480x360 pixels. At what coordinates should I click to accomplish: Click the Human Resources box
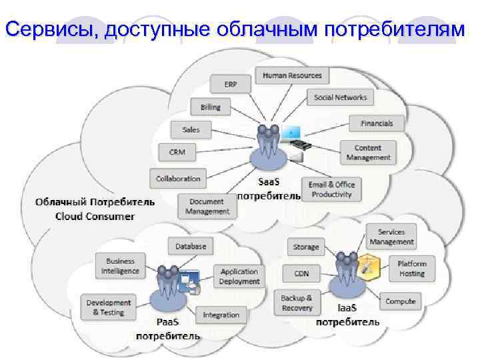pyautogui.click(x=292, y=75)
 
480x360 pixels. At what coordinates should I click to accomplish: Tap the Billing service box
pyautogui.click(x=210, y=107)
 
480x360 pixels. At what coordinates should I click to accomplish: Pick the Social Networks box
pyautogui.click(x=340, y=97)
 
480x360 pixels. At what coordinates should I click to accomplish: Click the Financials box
pyautogui.click(x=377, y=123)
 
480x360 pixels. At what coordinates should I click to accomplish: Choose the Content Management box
pyautogui.click(x=368, y=153)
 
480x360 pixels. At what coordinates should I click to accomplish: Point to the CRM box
pyautogui.click(x=177, y=152)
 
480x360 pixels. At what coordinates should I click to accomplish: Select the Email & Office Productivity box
pyautogui.click(x=331, y=189)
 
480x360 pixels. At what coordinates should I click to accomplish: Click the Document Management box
pyautogui.click(x=207, y=206)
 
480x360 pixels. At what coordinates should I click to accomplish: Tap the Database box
pyautogui.click(x=191, y=246)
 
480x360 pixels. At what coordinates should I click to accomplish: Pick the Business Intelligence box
pyautogui.click(x=120, y=266)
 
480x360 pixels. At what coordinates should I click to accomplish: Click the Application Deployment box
pyautogui.click(x=239, y=276)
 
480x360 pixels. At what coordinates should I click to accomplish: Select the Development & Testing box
pyautogui.click(x=108, y=307)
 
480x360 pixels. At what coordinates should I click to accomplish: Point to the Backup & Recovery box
pyautogui.click(x=297, y=303)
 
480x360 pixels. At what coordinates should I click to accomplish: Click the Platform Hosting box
pyautogui.click(x=411, y=269)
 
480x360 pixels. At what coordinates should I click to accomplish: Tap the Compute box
pyautogui.click(x=400, y=301)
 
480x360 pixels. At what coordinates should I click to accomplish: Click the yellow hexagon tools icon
pyautogui.click(x=367, y=267)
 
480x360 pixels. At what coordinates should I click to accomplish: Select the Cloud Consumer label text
pyautogui.click(x=95, y=215)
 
